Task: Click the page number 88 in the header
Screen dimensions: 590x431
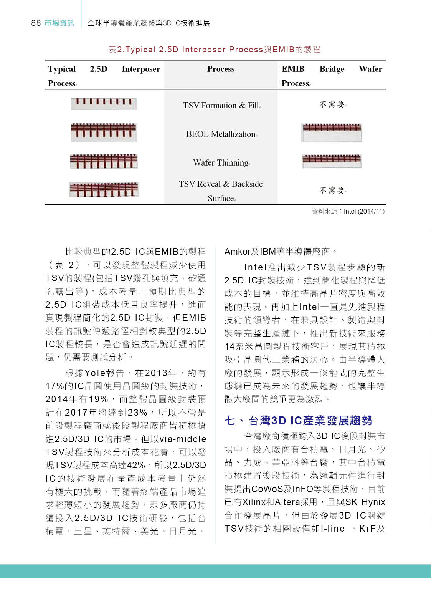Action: tap(36, 23)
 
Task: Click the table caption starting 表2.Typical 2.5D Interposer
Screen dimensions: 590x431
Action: tap(214, 50)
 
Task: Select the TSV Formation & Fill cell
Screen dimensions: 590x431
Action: tap(221, 105)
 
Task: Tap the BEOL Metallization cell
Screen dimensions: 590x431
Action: tap(221, 134)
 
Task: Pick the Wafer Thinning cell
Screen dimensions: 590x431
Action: tap(221, 162)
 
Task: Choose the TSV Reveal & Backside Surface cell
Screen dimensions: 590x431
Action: tap(221, 191)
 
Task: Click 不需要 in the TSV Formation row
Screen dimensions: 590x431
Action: tap(332, 104)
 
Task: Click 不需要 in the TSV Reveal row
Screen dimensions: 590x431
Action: tap(332, 190)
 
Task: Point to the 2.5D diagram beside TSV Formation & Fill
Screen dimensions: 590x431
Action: tap(104, 104)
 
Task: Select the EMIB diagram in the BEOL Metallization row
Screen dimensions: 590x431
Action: tap(332, 133)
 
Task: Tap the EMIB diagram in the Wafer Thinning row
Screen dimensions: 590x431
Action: tap(332, 161)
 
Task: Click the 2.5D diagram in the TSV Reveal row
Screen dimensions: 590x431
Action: tap(104, 190)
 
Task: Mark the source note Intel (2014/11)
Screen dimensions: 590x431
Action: tap(364, 211)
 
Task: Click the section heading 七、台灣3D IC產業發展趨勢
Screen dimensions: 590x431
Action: tap(298, 421)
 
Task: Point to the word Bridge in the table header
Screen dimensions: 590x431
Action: tap(332, 69)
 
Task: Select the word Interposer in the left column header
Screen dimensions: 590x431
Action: tap(141, 69)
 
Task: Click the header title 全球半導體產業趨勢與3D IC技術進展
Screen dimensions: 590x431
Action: tap(149, 23)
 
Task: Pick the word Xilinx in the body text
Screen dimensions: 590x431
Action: tap(254, 502)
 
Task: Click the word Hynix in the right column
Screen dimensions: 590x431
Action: tap(373, 502)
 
